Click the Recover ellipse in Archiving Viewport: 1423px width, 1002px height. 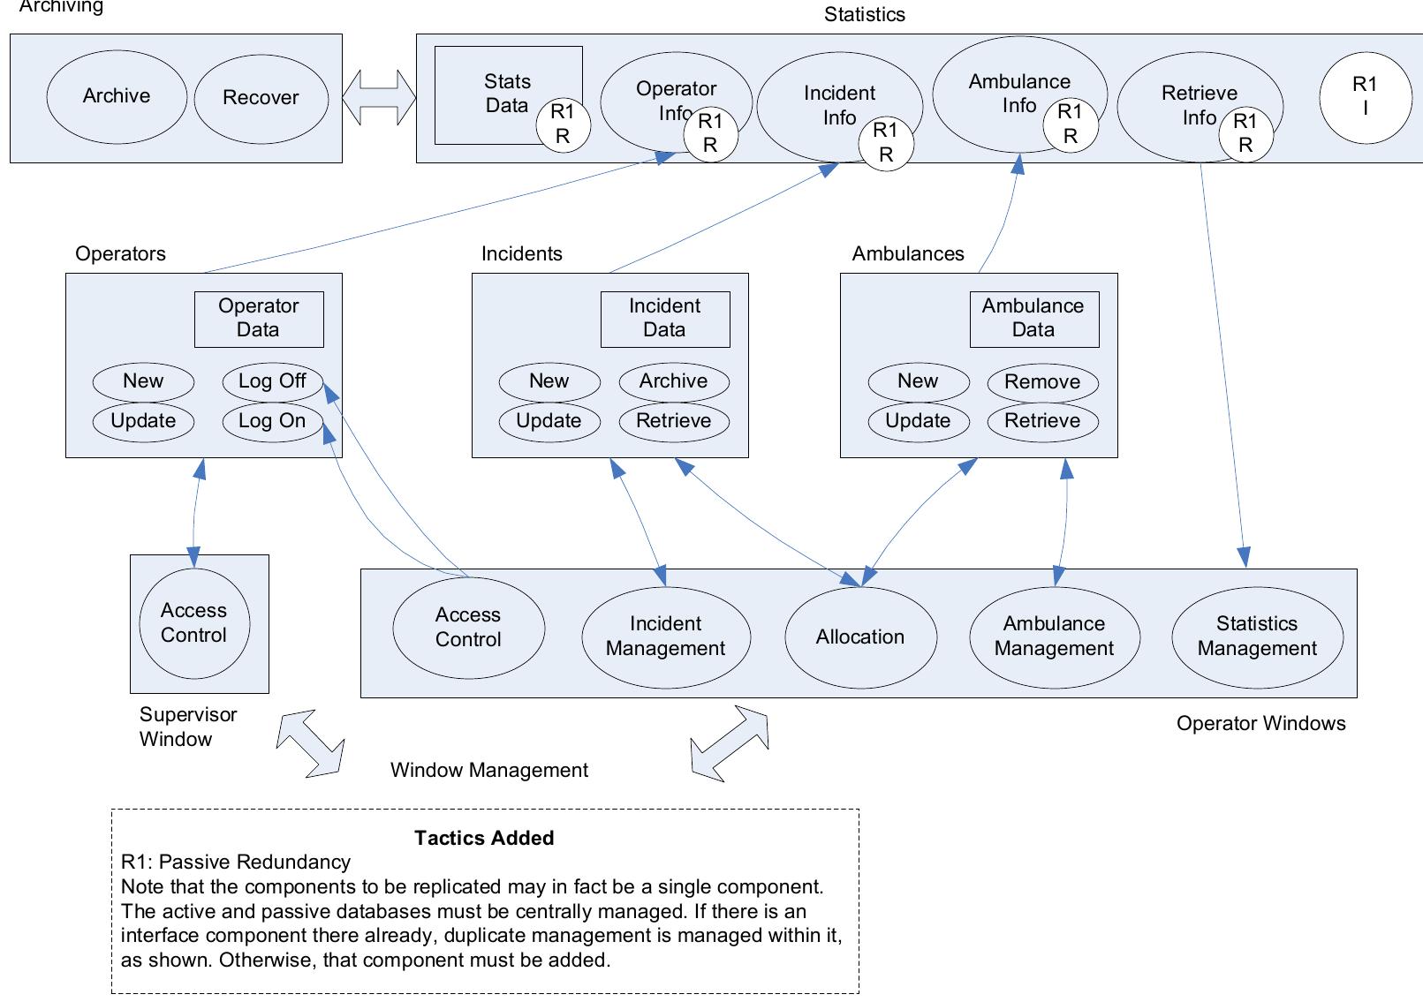261,97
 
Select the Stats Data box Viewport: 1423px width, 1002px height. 495,93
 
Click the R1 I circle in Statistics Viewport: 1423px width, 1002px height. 1365,96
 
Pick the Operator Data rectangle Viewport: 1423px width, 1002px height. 259,318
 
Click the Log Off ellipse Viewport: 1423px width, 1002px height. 272,381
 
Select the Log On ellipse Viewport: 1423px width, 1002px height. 272,421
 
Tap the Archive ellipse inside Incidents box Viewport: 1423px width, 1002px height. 673,381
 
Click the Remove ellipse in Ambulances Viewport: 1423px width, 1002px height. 1042,382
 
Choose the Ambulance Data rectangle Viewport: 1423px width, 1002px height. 1033,318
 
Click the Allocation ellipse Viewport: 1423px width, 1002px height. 860,637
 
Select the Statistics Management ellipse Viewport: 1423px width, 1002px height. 1257,636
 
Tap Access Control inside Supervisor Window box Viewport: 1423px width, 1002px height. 194,623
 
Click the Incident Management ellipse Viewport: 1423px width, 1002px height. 665,636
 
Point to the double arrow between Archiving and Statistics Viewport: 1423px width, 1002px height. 379,96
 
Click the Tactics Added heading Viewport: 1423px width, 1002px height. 484,838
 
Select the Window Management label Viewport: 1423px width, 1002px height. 489,770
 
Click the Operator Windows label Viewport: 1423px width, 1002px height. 1260,723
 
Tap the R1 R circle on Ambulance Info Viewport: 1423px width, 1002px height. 1070,124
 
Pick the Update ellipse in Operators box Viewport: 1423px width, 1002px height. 143,421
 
